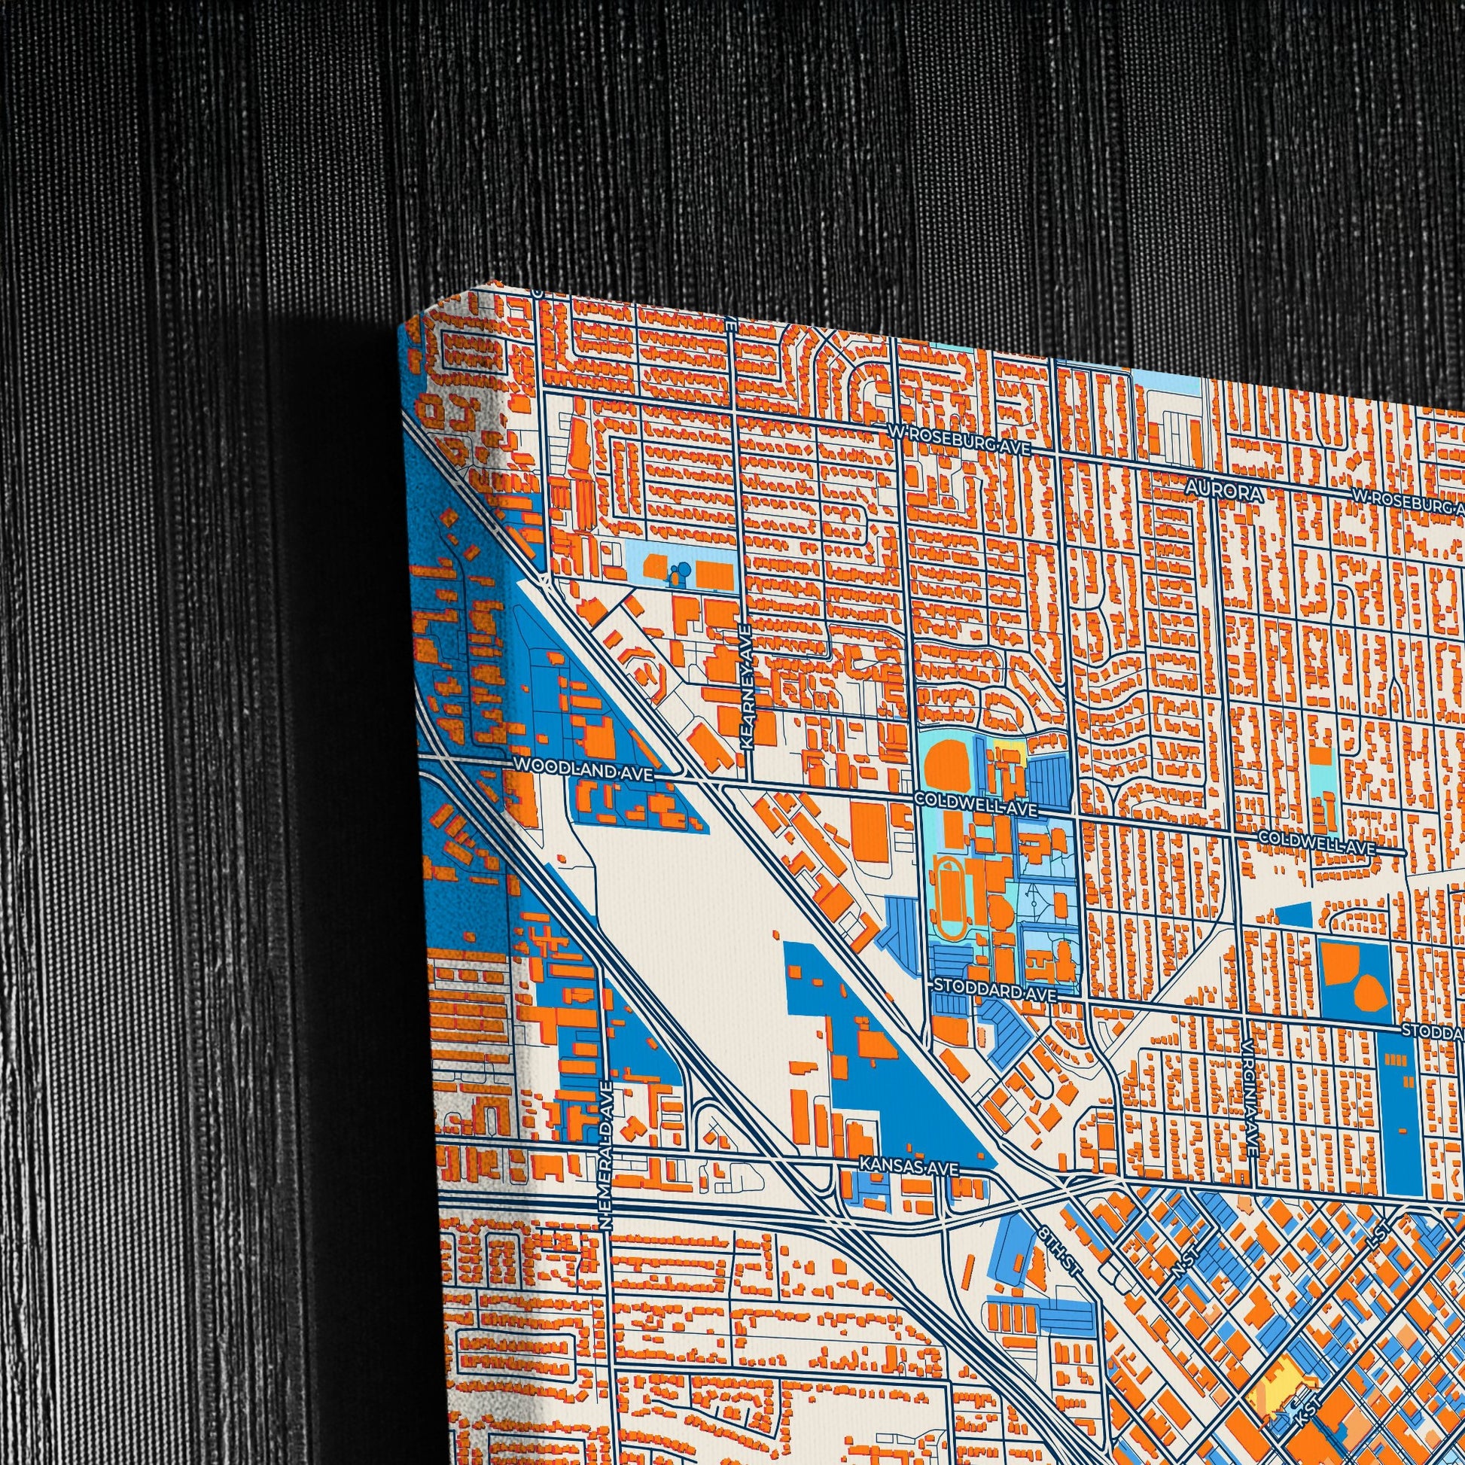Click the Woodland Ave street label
click(583, 766)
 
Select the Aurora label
click(1226, 492)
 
